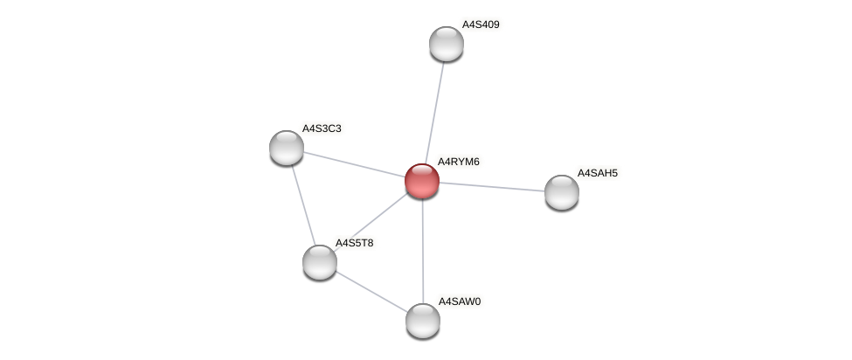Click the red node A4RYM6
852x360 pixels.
[422, 181]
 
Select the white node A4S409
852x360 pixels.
[447, 44]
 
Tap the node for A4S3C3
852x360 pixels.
[286, 148]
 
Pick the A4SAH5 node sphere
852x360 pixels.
[561, 192]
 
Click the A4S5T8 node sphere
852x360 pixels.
[320, 261]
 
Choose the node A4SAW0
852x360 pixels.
[423, 321]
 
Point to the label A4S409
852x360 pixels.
[481, 24]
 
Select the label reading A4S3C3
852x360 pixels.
[321, 128]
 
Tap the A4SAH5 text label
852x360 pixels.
[597, 173]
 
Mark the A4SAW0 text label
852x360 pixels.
[460, 301]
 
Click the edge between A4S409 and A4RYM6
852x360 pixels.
[434, 112]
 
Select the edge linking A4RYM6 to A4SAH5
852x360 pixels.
[492, 187]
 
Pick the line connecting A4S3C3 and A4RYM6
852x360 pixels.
[354, 164]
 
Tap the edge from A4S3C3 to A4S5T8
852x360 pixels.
[302, 204]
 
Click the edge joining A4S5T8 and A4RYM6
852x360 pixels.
[371, 221]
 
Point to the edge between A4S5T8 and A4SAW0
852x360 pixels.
[371, 291]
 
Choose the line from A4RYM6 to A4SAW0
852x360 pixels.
[422, 251]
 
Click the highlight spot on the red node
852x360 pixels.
[417, 174]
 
